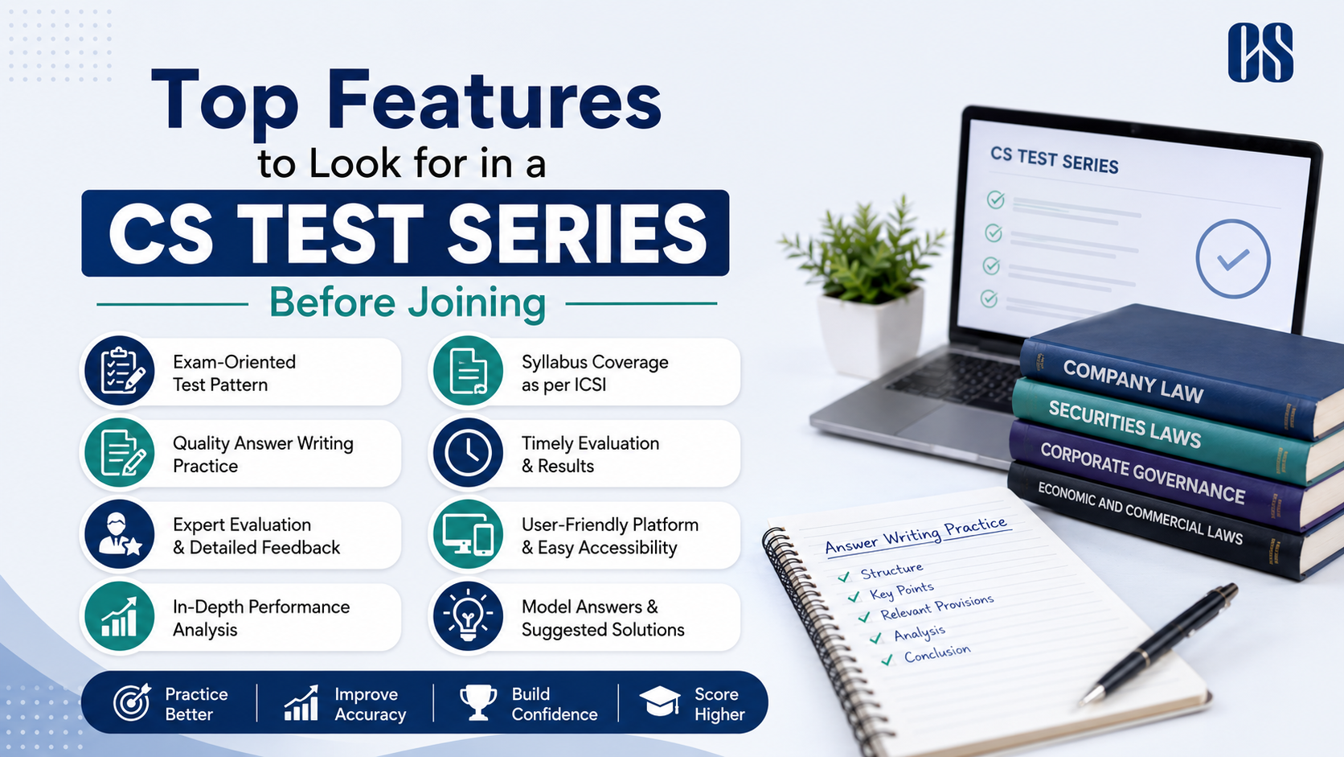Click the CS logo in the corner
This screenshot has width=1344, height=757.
[x=1260, y=52]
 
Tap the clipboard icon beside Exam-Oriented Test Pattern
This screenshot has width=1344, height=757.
[x=120, y=371]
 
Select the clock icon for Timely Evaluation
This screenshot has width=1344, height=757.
[x=468, y=453]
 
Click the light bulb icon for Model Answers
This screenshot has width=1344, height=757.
[x=468, y=616]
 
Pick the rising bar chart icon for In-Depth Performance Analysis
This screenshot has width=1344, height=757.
[x=120, y=616]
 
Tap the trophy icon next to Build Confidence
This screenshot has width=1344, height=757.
[x=478, y=701]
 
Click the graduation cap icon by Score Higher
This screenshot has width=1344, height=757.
[x=659, y=701]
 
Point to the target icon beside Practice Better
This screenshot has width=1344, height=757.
[x=132, y=701]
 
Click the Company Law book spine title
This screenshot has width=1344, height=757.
[x=1133, y=382]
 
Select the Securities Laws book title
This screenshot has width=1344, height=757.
[x=1125, y=425]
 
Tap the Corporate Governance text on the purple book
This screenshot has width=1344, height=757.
[x=1142, y=473]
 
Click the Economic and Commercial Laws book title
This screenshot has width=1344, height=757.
[x=1140, y=513]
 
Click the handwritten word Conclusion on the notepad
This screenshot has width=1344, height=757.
[x=937, y=653]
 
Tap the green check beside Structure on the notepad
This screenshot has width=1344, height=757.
[x=843, y=577]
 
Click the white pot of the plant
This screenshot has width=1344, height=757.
[x=871, y=331]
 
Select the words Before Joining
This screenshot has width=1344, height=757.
[x=408, y=303]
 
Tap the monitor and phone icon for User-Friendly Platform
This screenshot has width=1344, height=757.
[x=468, y=534]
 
